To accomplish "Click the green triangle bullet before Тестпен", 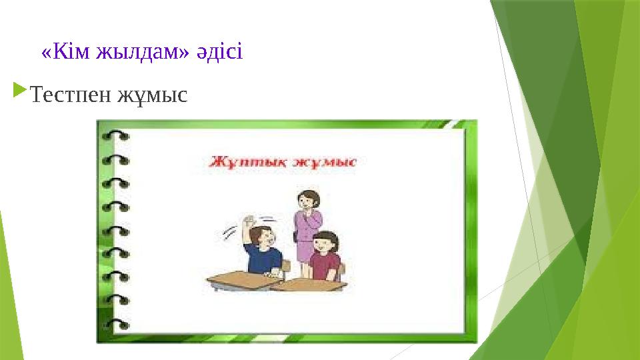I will (x=20, y=89).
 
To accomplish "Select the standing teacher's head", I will (x=308, y=198).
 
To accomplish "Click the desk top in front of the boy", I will (x=243, y=279).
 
